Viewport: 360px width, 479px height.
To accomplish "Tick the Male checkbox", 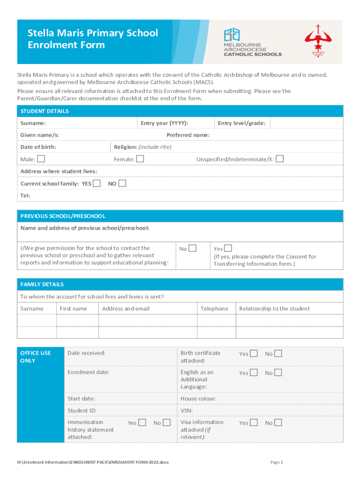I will click(x=42, y=159).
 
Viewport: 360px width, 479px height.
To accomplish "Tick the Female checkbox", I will click(x=140, y=159).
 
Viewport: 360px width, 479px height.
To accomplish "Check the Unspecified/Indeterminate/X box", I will click(x=280, y=159).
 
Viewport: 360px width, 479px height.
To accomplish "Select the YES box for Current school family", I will click(x=97, y=183).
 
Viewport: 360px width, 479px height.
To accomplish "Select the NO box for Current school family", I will click(x=122, y=183).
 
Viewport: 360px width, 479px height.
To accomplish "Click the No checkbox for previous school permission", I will click(x=192, y=248).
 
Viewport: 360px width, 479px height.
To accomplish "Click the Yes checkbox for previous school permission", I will click(x=228, y=248).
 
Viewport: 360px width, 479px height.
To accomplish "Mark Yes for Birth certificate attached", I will click(x=253, y=354).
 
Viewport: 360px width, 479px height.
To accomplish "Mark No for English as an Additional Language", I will click(x=278, y=373).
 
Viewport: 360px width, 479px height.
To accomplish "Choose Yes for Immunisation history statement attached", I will click(x=142, y=423).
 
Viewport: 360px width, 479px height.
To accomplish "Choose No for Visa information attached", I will click(x=278, y=423).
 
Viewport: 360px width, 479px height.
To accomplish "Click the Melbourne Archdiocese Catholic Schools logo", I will click(x=252, y=42).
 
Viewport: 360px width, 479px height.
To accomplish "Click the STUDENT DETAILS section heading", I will click(x=44, y=111).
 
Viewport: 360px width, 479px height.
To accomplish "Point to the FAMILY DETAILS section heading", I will click(x=42, y=284).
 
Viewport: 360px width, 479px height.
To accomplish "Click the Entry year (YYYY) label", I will click(x=165, y=123).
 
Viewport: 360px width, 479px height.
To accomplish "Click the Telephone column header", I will click(x=214, y=309).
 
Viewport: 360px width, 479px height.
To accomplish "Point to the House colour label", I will click(x=198, y=399).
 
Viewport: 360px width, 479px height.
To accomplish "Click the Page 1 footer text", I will click(x=277, y=462).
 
